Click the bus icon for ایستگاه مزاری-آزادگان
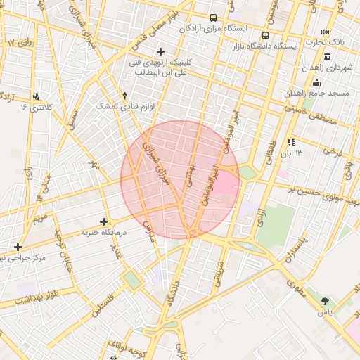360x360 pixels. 213,18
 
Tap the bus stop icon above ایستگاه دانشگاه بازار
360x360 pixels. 265,35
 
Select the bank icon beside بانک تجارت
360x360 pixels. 325,32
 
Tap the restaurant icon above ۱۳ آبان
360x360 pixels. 290,142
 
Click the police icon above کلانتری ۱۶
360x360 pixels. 36,96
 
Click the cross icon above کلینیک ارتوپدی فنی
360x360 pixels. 160,51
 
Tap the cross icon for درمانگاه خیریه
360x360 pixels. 104,221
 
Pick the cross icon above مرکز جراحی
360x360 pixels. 18,247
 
